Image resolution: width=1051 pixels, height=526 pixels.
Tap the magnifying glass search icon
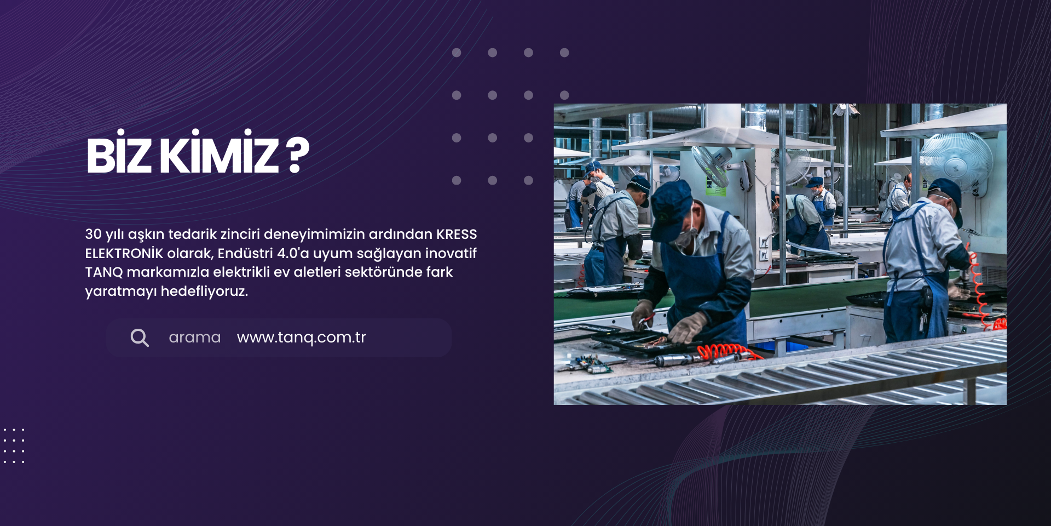pos(140,338)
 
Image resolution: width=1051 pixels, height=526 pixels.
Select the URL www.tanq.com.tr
pos(301,337)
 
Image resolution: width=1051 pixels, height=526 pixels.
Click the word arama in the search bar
pos(194,338)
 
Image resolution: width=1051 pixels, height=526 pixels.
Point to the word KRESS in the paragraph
pos(457,234)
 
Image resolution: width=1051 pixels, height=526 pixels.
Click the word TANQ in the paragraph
pos(104,272)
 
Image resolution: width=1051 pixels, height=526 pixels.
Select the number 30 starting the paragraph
pos(93,234)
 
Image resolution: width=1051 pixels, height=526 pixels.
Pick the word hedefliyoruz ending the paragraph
pos(204,291)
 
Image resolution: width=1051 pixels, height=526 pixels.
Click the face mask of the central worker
pos(686,235)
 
